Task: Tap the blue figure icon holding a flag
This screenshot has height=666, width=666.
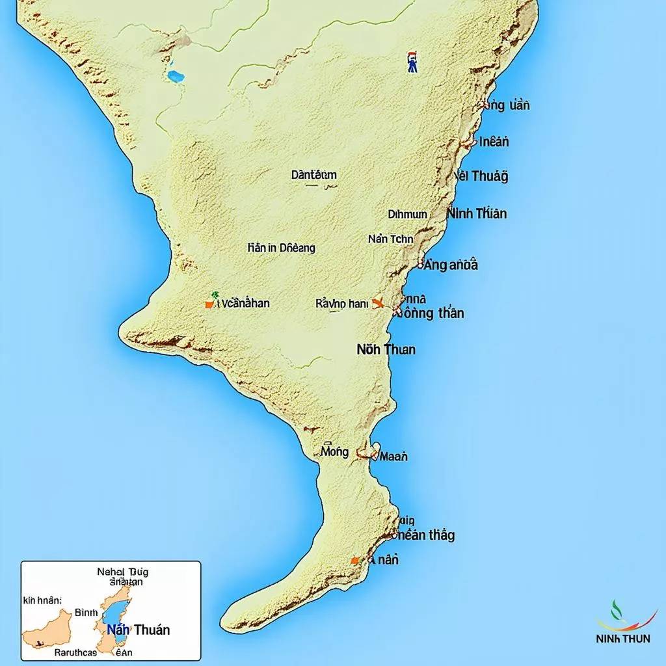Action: pos(412,62)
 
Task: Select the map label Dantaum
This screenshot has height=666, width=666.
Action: pos(313,174)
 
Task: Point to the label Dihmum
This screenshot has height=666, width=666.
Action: pos(408,214)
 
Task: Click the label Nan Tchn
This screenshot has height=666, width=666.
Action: pos(390,239)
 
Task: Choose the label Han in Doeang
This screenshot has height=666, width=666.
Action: pos(281,248)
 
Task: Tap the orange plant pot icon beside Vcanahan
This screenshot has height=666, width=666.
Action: pos(209,302)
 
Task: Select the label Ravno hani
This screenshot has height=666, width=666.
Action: pos(341,303)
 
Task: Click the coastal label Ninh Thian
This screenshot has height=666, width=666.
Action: pos(477,213)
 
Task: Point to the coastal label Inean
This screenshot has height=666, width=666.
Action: pos(494,141)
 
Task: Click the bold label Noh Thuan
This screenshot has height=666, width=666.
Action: pos(386,349)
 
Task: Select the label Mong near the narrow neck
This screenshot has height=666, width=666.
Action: pos(335,451)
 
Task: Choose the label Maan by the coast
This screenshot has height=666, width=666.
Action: pos(393,457)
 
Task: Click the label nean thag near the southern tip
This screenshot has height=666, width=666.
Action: pos(424,535)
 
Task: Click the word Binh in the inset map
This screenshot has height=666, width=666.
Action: pos(86,612)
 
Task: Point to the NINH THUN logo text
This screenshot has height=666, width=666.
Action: pos(622,639)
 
